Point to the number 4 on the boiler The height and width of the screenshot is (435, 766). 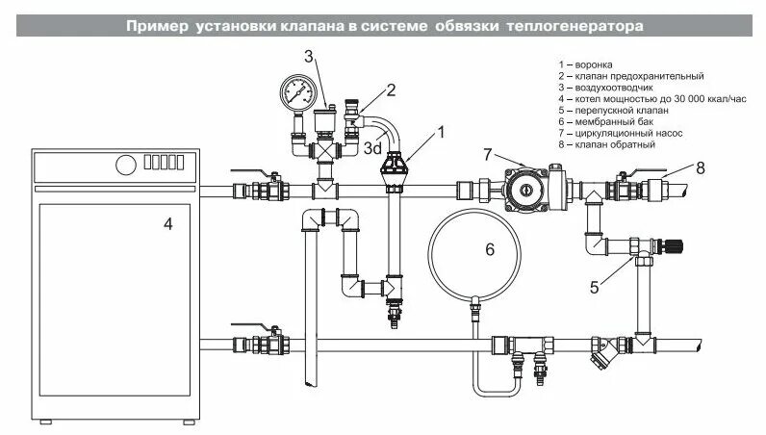tap(168, 224)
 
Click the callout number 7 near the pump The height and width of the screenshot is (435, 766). tap(488, 155)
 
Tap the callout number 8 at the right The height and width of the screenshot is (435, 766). tap(701, 167)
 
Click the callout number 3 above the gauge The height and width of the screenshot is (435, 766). tap(310, 56)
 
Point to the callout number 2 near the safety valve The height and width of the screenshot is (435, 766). tap(391, 90)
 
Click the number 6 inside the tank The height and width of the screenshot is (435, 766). tap(489, 249)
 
